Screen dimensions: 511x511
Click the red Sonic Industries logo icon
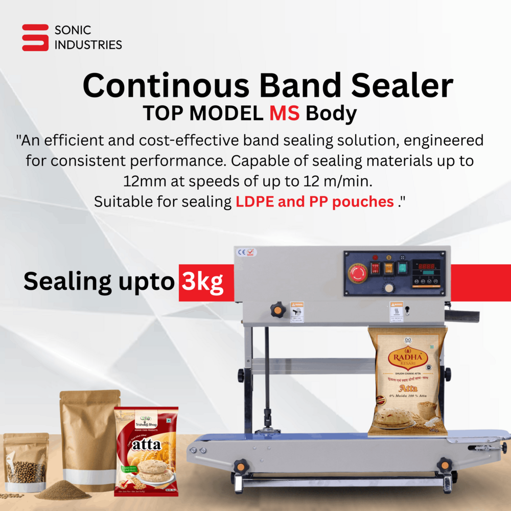[x=35, y=37]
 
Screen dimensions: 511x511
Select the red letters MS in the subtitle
[x=285, y=113]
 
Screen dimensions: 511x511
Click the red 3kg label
[x=203, y=282]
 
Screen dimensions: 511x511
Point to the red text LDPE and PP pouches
[x=314, y=201]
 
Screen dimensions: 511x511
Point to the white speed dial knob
[x=389, y=288]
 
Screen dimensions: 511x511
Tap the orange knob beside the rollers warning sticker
[x=277, y=310]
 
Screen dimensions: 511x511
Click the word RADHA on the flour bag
[x=407, y=358]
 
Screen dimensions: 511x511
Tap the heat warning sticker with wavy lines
[x=396, y=312]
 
